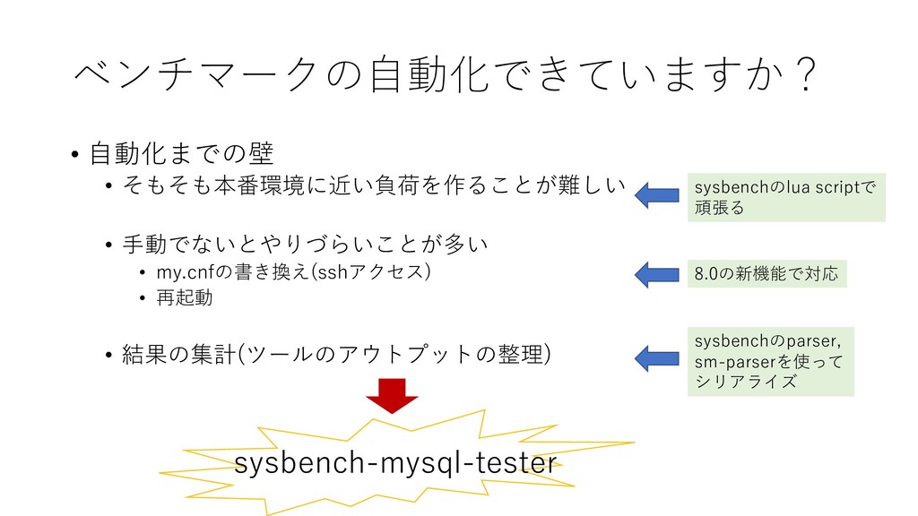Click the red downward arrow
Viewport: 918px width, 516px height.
393,395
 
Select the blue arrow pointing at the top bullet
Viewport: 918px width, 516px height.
657,193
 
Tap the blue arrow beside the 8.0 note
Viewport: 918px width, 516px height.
657,273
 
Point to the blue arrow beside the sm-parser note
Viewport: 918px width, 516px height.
657,357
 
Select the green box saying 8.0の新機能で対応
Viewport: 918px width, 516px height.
766,274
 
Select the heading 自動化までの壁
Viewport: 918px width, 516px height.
181,153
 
